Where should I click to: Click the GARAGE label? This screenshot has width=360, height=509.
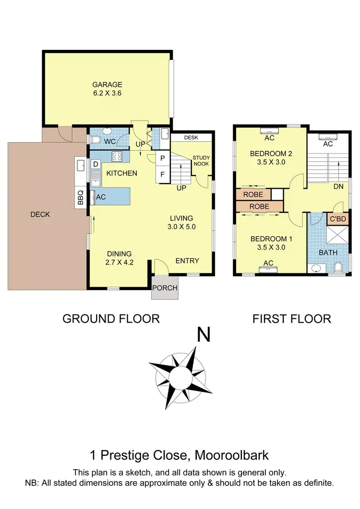[x=108, y=85]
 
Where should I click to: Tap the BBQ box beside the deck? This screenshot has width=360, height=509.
[x=81, y=198]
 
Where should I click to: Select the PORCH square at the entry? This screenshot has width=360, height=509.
[x=165, y=288]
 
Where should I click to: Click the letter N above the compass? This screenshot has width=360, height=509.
[x=204, y=334]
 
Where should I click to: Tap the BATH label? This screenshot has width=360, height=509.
[x=328, y=253]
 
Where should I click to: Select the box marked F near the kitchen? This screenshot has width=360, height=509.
[x=162, y=174]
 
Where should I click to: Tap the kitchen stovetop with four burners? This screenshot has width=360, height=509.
[x=117, y=156]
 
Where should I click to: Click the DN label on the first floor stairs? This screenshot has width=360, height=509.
[x=338, y=187]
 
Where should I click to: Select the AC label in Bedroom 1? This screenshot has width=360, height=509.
[x=268, y=263]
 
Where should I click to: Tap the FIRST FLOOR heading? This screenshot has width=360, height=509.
[x=292, y=318]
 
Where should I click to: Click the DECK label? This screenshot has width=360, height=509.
[x=40, y=215]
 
